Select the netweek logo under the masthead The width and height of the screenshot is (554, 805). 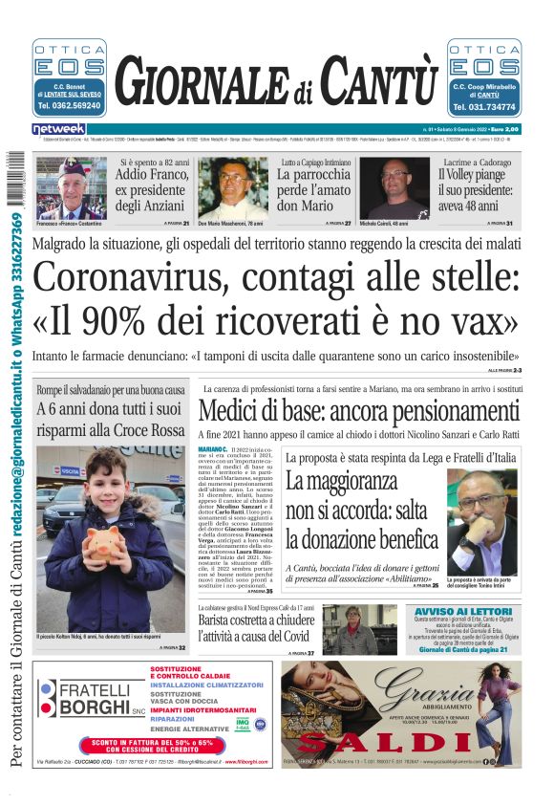point(59,129)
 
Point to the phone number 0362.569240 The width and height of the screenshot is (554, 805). point(70,106)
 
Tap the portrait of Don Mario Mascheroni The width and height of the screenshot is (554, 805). point(233,188)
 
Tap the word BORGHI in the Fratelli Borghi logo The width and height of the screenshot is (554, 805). point(94,707)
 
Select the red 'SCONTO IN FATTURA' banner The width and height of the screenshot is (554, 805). point(159,744)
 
